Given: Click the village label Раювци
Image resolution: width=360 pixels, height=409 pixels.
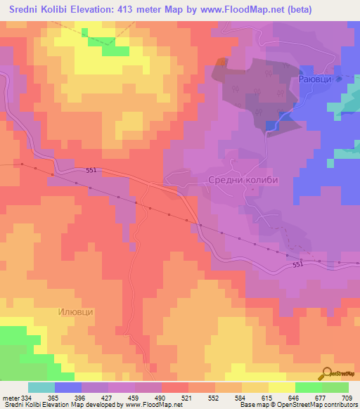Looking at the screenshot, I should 317,80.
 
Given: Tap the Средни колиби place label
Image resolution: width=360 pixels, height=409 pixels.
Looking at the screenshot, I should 243,180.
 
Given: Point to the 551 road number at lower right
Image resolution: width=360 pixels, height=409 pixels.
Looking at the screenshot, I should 298,264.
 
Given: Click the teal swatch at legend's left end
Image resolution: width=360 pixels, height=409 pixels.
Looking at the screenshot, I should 41,387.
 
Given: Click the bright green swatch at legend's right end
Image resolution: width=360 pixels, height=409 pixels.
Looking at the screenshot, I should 335,387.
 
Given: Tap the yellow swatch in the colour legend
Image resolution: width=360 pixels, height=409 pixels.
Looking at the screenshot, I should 282,387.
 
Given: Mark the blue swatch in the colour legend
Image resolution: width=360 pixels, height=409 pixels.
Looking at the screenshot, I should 68,387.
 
